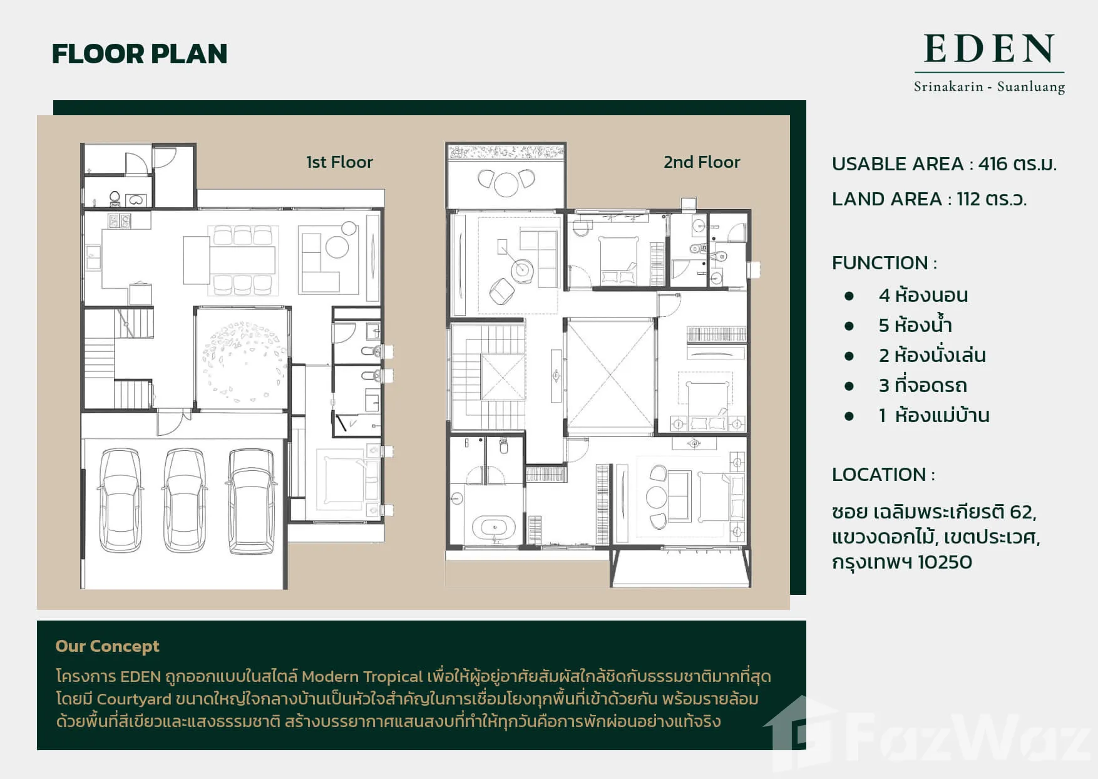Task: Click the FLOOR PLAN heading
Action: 139,54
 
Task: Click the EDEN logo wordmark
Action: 989,49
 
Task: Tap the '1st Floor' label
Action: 339,162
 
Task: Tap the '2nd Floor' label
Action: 702,162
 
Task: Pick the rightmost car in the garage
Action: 251,501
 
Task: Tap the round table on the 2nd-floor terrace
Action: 506,183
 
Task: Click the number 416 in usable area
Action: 992,164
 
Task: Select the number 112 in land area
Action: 968,199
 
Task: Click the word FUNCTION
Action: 880,263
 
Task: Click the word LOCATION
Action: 879,475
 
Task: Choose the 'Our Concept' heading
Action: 107,646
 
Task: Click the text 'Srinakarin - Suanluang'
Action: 989,86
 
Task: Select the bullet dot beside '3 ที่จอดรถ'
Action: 849,386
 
